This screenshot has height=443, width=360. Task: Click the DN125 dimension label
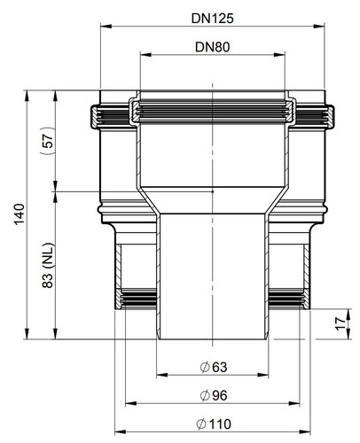(212, 19)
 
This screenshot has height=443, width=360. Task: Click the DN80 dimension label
(212, 47)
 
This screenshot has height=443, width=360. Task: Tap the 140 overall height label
(20, 214)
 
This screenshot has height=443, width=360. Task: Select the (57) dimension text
(47, 141)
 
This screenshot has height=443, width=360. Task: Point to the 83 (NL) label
(48, 265)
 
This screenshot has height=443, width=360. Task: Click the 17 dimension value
(340, 323)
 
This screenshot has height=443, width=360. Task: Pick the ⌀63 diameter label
(214, 367)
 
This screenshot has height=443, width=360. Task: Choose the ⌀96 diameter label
(214, 395)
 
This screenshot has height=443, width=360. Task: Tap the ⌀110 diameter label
(214, 424)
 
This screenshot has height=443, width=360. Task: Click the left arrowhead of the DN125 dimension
(106, 27)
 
